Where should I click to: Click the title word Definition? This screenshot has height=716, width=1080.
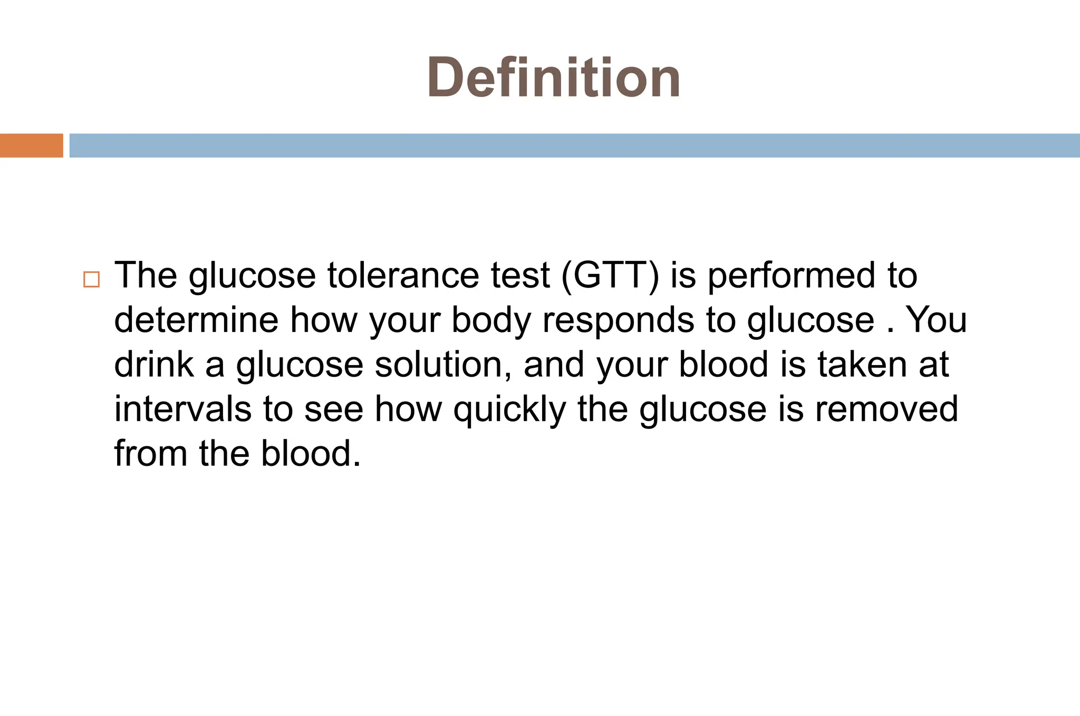(x=553, y=78)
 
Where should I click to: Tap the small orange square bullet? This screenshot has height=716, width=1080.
(x=91, y=279)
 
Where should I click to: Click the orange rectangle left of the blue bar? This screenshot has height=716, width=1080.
(x=31, y=145)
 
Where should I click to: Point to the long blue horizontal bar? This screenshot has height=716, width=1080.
(x=574, y=145)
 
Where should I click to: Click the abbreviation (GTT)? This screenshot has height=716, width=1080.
(x=610, y=276)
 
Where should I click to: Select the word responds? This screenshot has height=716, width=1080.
(x=618, y=320)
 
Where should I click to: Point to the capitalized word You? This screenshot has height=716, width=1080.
(x=936, y=320)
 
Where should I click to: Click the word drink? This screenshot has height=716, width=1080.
(x=153, y=365)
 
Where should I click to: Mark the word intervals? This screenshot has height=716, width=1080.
(x=182, y=409)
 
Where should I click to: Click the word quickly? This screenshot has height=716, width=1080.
(x=509, y=409)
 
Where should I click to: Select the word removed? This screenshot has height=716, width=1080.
(x=886, y=409)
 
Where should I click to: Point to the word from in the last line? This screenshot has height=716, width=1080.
(x=150, y=454)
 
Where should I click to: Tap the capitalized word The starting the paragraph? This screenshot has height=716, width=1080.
(x=146, y=276)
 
